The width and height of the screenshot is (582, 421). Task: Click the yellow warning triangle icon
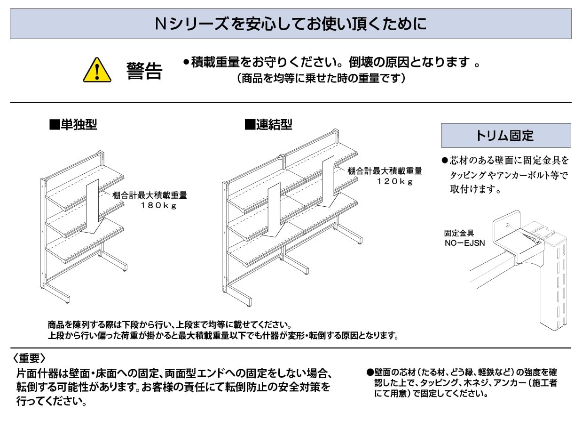coord(97,71)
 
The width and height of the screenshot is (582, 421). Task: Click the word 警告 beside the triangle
coord(144,71)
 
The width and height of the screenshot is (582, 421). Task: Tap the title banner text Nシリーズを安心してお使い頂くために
coord(291,24)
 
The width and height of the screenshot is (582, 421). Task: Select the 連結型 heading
coord(268,125)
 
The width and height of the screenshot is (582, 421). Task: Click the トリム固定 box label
coord(505,136)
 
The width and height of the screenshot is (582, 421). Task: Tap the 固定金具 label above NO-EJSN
coord(459,233)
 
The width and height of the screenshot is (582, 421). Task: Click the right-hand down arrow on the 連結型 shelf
coord(328,184)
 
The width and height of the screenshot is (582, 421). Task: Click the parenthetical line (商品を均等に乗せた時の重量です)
coord(321,79)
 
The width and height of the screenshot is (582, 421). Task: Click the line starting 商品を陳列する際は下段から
coord(170,325)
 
